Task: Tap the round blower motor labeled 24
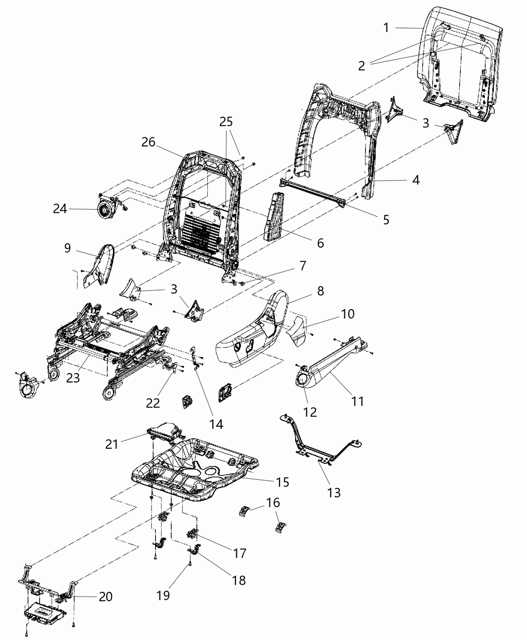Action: click(107, 209)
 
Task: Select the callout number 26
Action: click(148, 143)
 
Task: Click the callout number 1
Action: click(386, 28)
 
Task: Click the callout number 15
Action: click(283, 482)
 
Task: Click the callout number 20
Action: click(105, 596)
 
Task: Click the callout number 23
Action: click(73, 378)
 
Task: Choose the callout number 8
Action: click(320, 291)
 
